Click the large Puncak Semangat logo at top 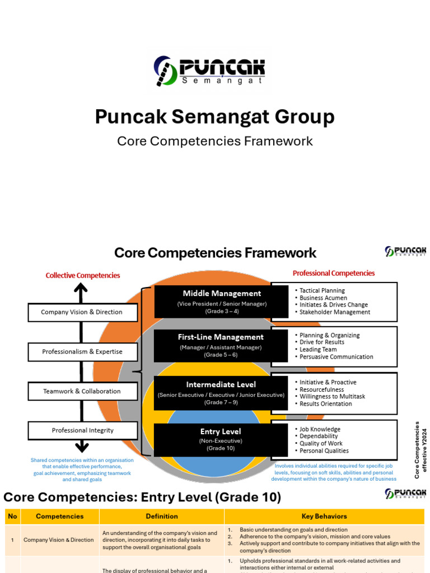(209, 70)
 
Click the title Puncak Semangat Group (214, 117)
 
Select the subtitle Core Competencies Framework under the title (214, 141)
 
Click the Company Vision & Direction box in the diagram (82, 312)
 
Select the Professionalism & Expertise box (82, 352)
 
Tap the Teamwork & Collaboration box (82, 391)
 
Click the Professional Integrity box (82, 430)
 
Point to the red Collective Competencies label (83, 275)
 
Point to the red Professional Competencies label (334, 273)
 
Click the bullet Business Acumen (323, 298)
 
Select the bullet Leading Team (318, 349)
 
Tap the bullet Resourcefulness (321, 389)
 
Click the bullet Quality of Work (321, 443)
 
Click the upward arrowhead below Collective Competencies (81, 288)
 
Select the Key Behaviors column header (324, 516)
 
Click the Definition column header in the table (162, 516)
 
